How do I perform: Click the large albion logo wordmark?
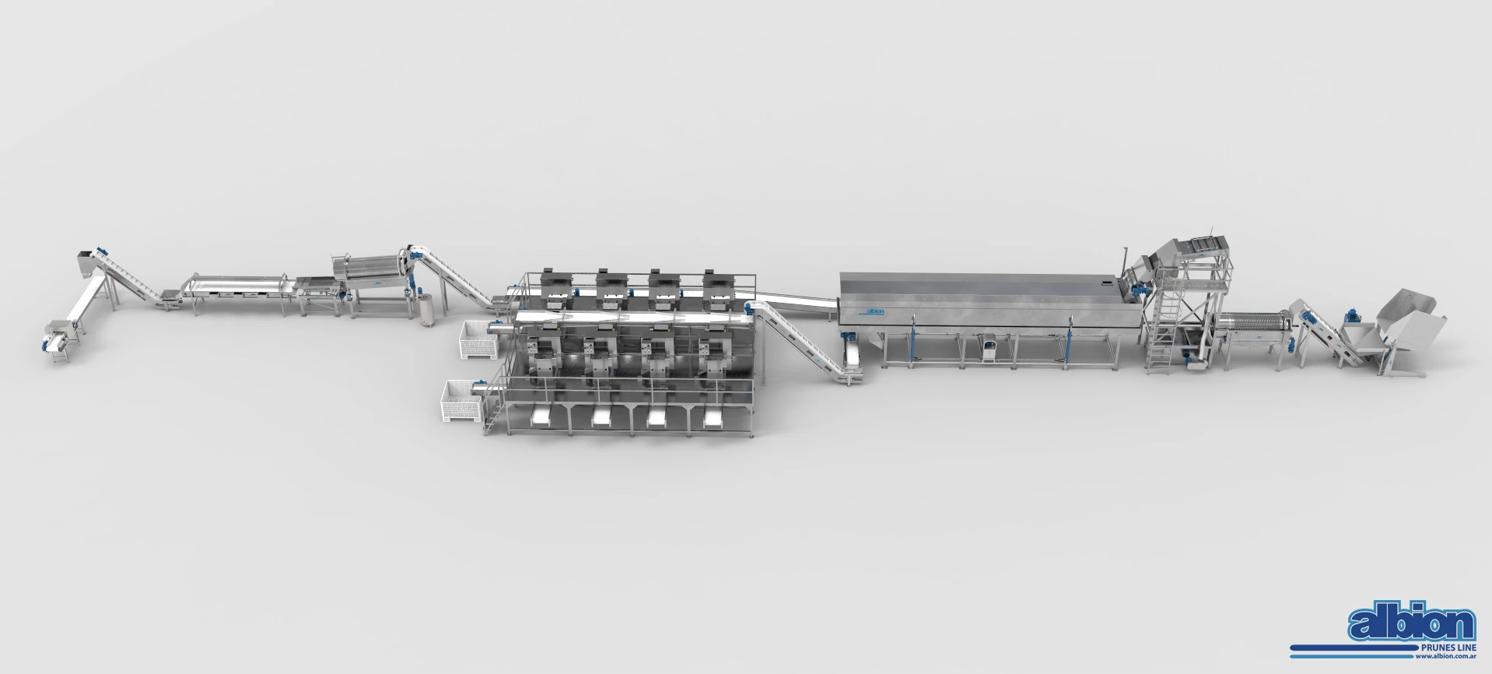[x=1412, y=624]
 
